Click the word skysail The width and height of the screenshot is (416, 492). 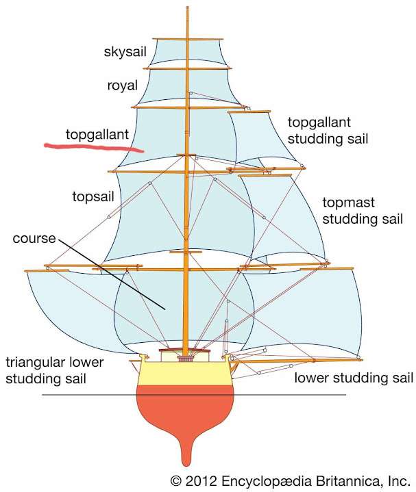(125, 52)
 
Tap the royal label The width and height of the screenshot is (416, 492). (123, 86)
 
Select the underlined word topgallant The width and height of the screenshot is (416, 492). (97, 134)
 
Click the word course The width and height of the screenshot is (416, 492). (34, 239)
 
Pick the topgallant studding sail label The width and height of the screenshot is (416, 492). (328, 131)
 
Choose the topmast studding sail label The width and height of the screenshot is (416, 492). (362, 211)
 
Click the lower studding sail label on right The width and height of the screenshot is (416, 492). (354, 378)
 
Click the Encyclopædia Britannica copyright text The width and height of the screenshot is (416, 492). (290, 480)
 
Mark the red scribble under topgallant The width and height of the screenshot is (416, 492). (93, 146)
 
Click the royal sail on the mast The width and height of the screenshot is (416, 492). (164, 87)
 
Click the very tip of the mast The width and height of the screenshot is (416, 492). (186, 8)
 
